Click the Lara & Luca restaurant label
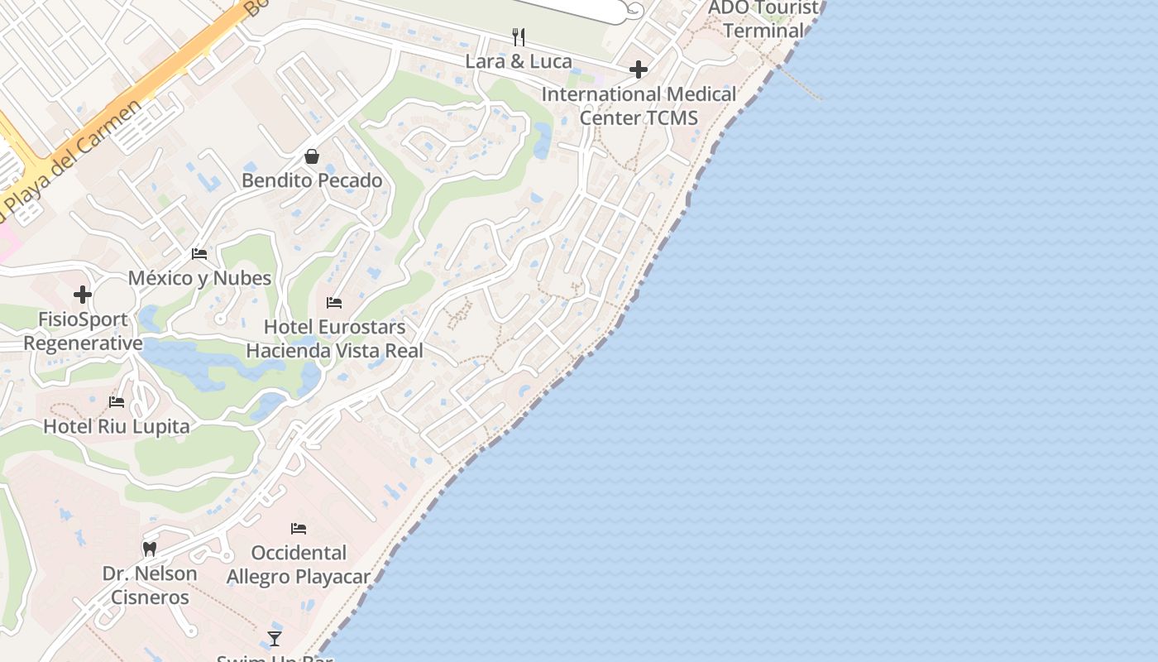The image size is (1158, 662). coord(519,61)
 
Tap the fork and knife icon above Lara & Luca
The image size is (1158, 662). coord(519,36)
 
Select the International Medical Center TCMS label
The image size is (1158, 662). coord(639,106)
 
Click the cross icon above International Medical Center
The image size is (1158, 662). coord(638,70)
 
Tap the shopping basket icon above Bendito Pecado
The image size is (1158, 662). coord(312,156)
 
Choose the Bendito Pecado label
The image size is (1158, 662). coord(312,180)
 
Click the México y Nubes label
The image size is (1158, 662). coord(199,278)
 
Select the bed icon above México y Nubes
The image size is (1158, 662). coord(199,254)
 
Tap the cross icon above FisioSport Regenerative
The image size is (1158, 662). coord(82,294)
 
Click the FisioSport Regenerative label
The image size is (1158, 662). coord(83,331)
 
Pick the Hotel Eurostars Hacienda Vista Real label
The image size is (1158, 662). coord(334,338)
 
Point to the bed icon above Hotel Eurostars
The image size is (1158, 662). coord(334,303)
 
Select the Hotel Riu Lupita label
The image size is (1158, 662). coord(117,427)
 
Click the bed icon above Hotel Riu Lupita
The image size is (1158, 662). coord(117,402)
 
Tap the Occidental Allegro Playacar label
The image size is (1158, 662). coord(299,564)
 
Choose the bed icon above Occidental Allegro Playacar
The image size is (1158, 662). coord(299,529)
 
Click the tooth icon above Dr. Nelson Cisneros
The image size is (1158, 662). coord(150,549)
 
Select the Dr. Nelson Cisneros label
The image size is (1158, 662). coord(150,585)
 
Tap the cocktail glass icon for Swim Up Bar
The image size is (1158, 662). coord(275,639)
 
